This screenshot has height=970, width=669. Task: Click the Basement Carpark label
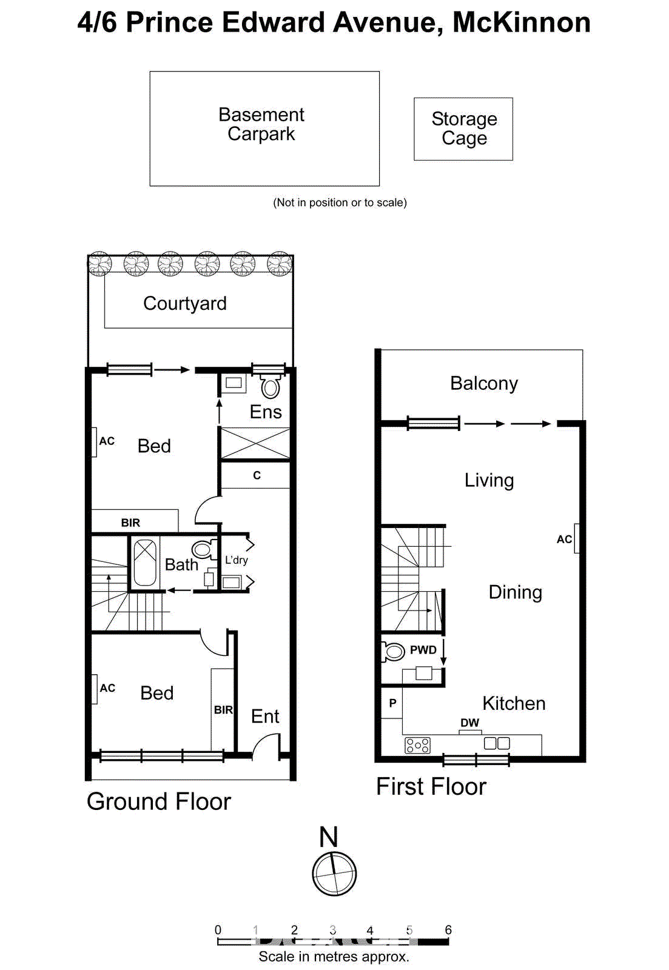(261, 124)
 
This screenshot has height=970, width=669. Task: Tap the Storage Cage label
(464, 129)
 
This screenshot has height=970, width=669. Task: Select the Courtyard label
(185, 303)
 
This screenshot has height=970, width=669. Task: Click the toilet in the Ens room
(271, 386)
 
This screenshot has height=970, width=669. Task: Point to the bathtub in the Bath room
(144, 563)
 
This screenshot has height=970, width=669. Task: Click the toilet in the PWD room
(394, 652)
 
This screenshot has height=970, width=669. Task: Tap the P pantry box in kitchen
(392, 703)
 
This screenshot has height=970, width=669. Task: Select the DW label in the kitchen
(469, 723)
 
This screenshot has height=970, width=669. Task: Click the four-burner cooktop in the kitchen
(417, 745)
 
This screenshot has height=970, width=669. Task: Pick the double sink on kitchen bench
(497, 743)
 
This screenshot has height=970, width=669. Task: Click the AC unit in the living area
(576, 538)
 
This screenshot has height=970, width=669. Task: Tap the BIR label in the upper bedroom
(130, 523)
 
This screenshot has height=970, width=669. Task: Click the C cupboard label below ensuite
(257, 475)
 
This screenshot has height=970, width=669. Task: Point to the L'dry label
(236, 560)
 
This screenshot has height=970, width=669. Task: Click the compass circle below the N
(334, 874)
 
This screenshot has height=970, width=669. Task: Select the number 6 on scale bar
(448, 930)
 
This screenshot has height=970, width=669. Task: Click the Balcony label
(484, 383)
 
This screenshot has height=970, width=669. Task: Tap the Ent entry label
(265, 717)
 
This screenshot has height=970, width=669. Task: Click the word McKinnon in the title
(522, 23)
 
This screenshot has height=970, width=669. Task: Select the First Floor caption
(431, 787)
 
